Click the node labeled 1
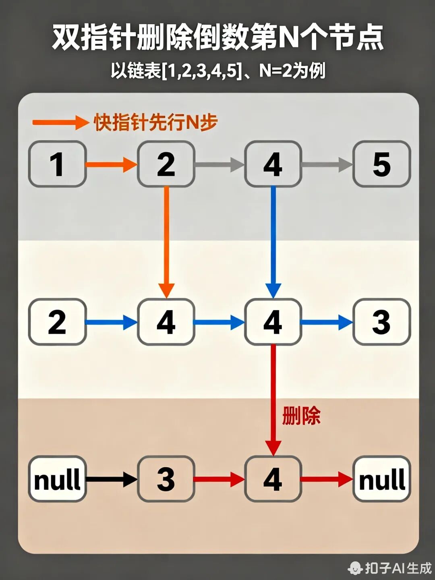click(x=57, y=164)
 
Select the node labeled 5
click(x=381, y=164)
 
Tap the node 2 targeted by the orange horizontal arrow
click(x=166, y=164)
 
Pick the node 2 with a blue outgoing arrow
click(x=57, y=322)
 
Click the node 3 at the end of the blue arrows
click(x=381, y=322)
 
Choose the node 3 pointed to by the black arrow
click(x=166, y=479)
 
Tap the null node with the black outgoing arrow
click(x=57, y=479)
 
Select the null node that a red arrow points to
click(x=381, y=479)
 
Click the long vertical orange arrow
click(x=166, y=242)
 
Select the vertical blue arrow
click(x=273, y=242)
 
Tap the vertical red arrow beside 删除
click(x=273, y=399)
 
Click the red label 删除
click(x=301, y=416)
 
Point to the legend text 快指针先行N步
click(x=156, y=122)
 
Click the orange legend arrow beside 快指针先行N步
click(x=60, y=122)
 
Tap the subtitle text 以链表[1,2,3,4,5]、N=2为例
click(x=218, y=71)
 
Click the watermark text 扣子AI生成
click(x=398, y=568)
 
